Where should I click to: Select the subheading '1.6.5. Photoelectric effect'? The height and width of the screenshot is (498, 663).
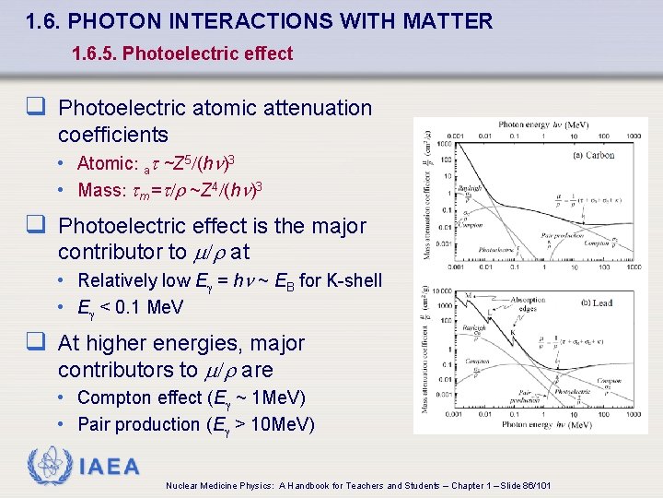coord(182,53)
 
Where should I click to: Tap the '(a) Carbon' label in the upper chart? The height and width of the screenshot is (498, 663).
coord(593,155)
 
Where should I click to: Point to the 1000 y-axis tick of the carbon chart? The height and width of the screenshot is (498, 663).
coord(444,143)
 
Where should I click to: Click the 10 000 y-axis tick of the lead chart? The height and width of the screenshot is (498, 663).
coord(440,290)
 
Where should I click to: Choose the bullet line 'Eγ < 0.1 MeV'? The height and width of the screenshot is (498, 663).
coord(131,307)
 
